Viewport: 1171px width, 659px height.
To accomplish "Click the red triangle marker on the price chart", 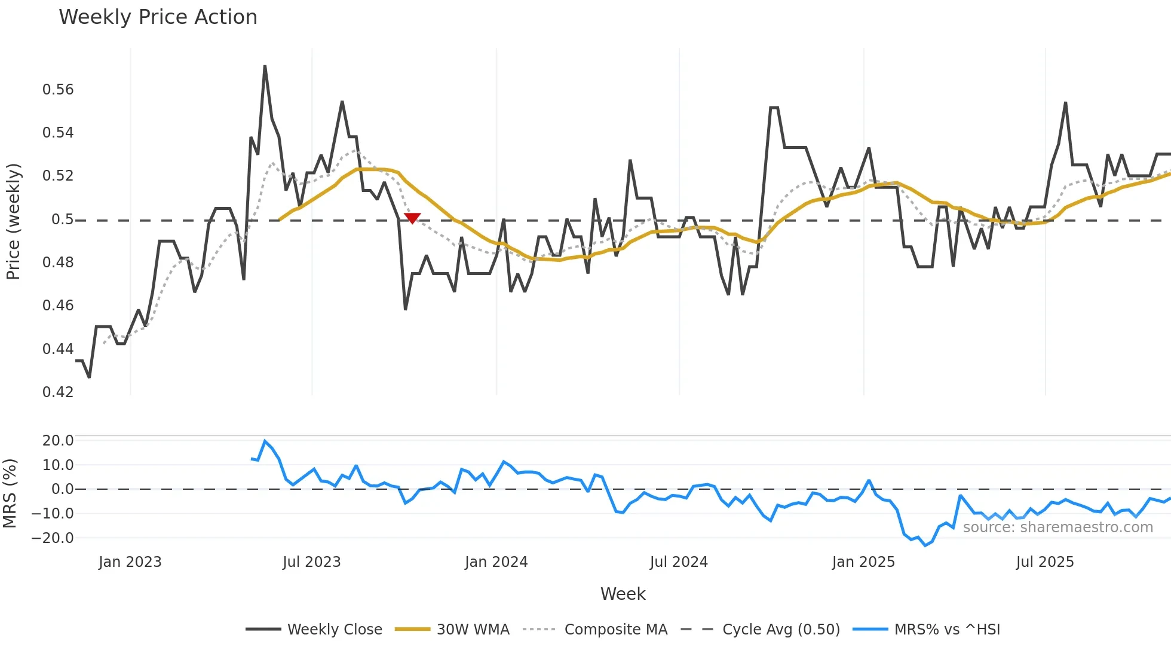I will point(412,218).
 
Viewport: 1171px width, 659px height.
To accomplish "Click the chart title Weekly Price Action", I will point(158,17).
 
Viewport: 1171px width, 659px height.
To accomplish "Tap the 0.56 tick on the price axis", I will point(58,90).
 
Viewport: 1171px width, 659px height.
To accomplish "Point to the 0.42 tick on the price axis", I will point(58,392).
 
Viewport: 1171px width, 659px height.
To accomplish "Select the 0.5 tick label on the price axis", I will point(63,219).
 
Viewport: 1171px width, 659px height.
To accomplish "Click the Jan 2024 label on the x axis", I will point(496,562).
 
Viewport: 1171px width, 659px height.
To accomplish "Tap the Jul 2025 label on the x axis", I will point(1044,562).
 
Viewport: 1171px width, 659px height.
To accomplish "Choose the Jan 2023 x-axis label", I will point(130,562).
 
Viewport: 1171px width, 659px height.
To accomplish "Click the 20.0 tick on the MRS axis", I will point(58,441).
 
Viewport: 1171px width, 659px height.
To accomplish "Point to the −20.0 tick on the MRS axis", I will point(53,538).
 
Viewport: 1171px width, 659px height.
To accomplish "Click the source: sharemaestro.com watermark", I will point(1057,527).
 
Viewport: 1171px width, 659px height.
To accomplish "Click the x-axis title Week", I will point(623,594).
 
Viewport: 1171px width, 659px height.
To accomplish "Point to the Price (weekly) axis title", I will point(13,221).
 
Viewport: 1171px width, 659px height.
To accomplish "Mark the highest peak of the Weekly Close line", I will point(265,66).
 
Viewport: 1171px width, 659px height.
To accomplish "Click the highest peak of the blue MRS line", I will point(265,441).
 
